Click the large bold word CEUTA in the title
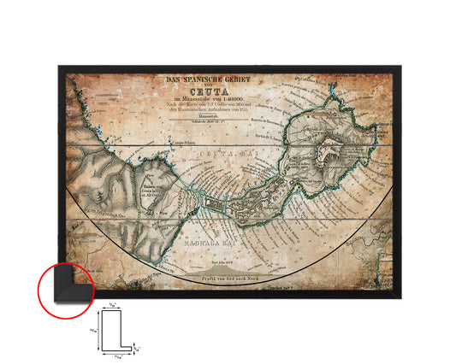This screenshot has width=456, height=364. click(202, 97)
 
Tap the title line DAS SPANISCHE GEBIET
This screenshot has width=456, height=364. click(202, 81)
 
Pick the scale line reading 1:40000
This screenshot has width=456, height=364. click(202, 106)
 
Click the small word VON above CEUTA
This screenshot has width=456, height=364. click(202, 89)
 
